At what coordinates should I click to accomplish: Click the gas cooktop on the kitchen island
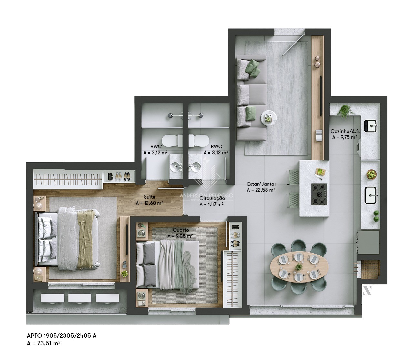319,194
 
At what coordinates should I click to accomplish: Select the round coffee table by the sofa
268,118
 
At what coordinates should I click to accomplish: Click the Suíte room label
149,197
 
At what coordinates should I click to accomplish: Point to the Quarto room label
180,230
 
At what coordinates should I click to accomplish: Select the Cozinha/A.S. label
345,131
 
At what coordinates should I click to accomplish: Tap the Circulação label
212,198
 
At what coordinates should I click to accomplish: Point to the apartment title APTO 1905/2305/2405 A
61,336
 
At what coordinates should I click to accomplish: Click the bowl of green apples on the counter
371,175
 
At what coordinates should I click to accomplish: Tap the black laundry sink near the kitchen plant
370,126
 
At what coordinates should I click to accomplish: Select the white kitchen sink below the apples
372,195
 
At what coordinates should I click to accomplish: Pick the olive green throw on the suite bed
85,237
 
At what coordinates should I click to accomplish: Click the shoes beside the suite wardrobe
121,176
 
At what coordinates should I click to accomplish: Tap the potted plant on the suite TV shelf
124,274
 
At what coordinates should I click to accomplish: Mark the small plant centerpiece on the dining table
299,267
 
